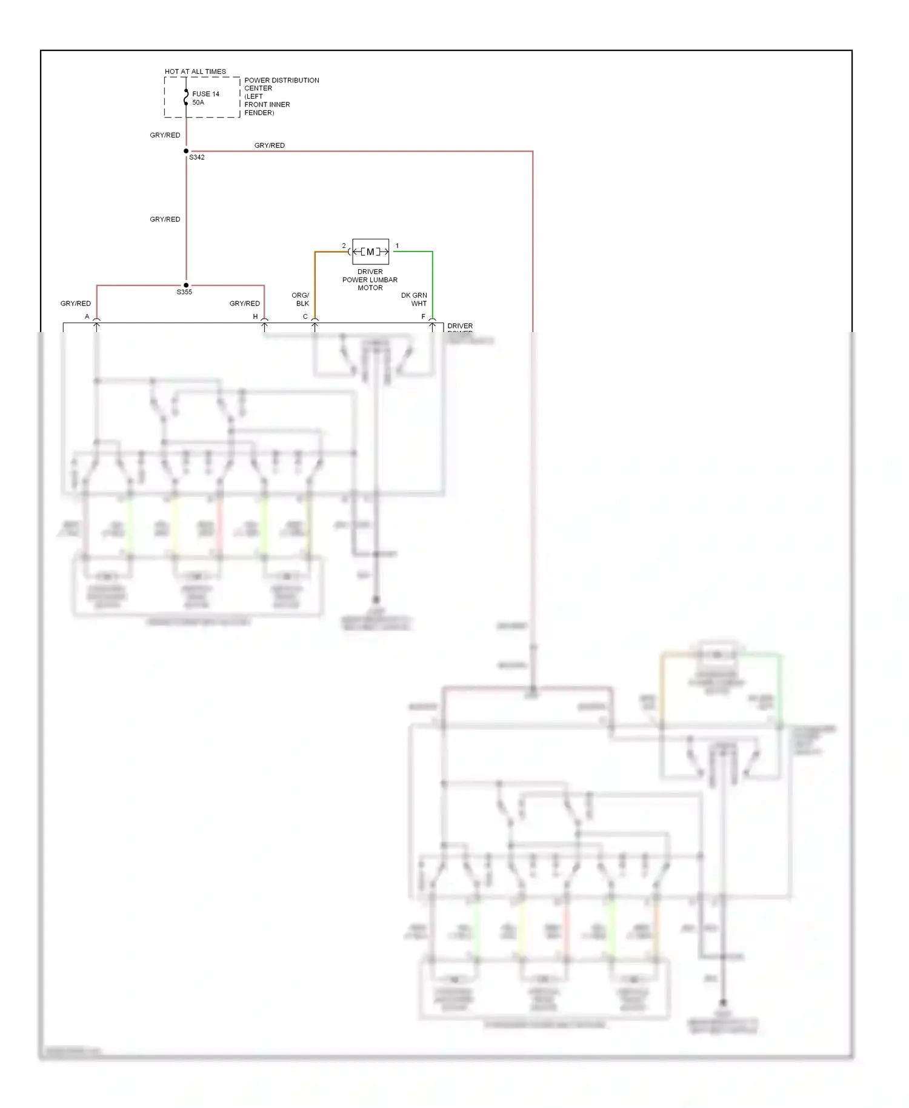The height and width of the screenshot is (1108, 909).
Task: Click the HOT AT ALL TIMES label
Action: [x=195, y=72]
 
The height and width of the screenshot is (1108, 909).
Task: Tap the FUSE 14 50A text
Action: [x=205, y=98]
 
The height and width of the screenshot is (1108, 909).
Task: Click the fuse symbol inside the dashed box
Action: [x=186, y=98]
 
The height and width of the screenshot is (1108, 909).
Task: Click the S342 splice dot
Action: [x=186, y=151]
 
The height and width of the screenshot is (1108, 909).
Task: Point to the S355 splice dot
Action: [x=186, y=285]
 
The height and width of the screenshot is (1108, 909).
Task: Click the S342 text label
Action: [x=197, y=158]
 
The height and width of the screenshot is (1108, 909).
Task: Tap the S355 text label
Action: [x=184, y=292]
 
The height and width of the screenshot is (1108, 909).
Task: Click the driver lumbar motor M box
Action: [x=370, y=252]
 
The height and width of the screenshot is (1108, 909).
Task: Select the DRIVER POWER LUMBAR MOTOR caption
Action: [x=370, y=279]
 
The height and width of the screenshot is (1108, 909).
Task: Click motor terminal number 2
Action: [x=344, y=245]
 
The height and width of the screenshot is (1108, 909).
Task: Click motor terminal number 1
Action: [x=397, y=245]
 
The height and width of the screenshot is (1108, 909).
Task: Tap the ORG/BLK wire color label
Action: [x=301, y=299]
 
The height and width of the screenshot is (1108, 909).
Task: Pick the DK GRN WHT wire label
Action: [x=415, y=299]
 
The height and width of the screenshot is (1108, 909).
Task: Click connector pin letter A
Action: [x=87, y=316]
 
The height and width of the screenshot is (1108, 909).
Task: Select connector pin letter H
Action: [x=255, y=316]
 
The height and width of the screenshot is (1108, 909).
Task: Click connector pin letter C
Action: [x=305, y=316]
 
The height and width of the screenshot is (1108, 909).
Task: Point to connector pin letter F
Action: [x=423, y=316]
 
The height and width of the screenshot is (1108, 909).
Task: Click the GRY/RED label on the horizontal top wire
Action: [x=269, y=145]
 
